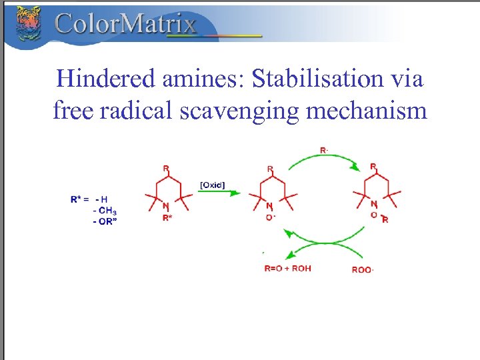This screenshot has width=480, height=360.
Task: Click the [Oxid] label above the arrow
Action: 213,184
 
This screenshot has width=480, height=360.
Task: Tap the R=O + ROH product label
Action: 288,269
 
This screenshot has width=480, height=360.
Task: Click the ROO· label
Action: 363,270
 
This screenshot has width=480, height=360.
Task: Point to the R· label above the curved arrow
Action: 324,151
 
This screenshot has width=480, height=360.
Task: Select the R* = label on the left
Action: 81,199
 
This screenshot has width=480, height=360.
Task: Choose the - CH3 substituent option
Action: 105,210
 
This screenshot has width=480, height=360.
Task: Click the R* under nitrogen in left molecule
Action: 167,217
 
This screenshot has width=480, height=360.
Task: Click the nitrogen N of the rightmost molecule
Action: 373,205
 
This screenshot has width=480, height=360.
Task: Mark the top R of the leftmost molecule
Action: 165,168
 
